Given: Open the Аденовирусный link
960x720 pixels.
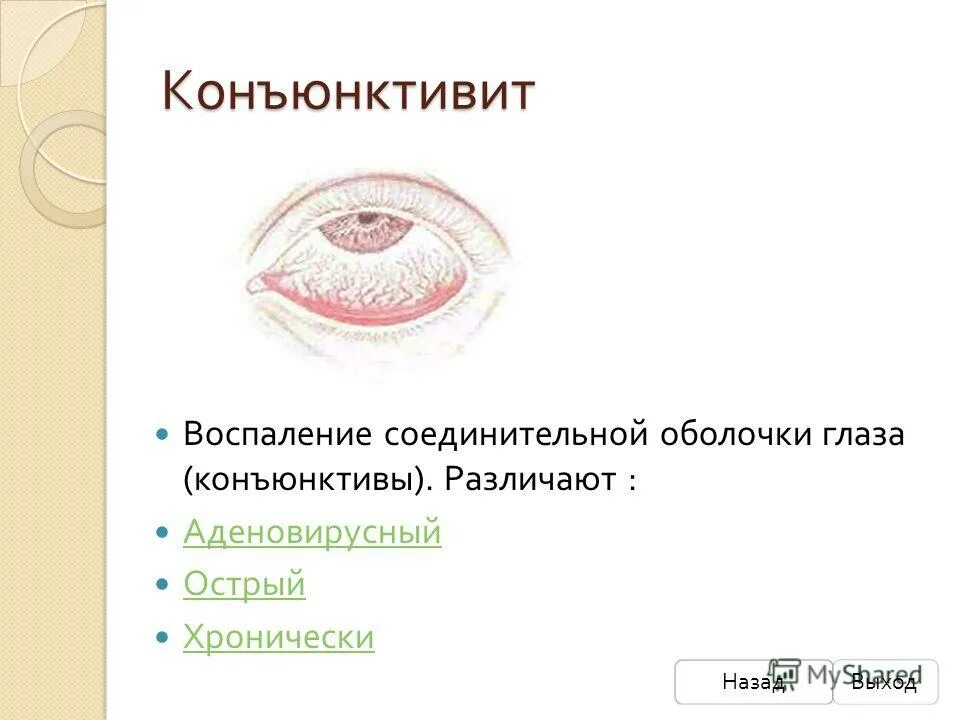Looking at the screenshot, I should [312, 533].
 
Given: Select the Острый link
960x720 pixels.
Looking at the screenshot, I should [244, 585].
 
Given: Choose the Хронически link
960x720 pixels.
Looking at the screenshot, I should [279, 637].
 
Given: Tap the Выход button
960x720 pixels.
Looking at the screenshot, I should [885, 682].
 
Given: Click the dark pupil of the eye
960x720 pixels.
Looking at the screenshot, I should [368, 218].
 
